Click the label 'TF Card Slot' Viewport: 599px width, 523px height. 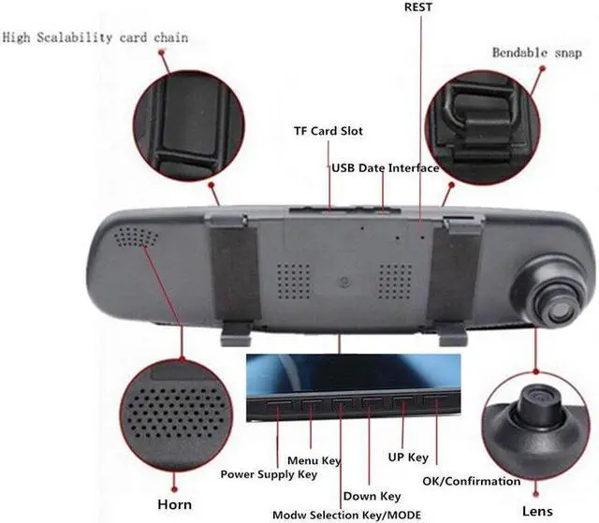coord(328,131)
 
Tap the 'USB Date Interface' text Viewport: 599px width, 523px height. coord(385,168)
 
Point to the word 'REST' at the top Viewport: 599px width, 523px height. coord(418,7)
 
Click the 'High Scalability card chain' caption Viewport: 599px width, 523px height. coord(95,37)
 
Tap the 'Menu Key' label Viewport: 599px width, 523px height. coord(314,460)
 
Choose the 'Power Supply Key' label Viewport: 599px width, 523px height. coord(269,474)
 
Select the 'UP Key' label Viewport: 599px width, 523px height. coord(407,458)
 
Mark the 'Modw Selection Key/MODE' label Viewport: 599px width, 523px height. coord(346,515)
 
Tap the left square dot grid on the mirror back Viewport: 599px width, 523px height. coord(292,278)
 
